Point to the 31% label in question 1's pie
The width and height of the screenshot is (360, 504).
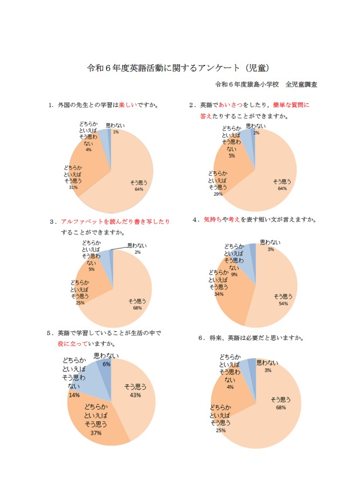pyautogui.click(x=74, y=188)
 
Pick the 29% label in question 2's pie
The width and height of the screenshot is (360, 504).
pyautogui.click(x=217, y=194)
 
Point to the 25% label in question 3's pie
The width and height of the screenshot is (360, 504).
pyautogui.click(x=80, y=302)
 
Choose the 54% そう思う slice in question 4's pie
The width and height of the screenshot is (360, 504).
pyautogui.click(x=283, y=293)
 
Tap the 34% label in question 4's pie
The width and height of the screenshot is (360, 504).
pyautogui.click(x=218, y=294)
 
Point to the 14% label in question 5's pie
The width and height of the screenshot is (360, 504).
pyautogui.click(x=74, y=395)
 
